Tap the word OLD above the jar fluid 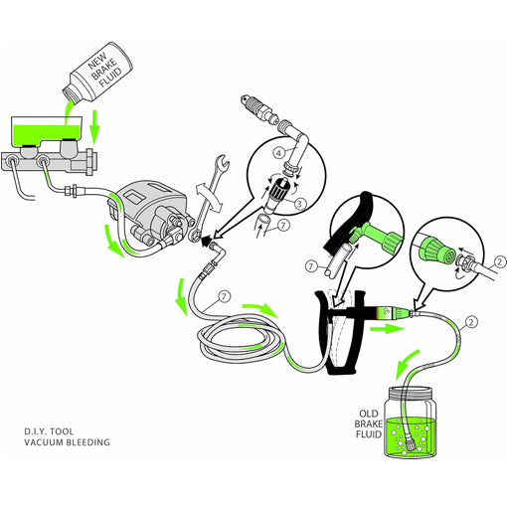[369, 414]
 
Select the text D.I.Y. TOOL [49, 431]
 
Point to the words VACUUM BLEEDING [67, 442]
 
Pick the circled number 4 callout [279, 153]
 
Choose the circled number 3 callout [299, 204]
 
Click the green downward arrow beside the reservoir [95, 127]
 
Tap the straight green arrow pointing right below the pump [388, 329]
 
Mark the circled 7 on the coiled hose [224, 296]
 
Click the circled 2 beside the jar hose [471, 322]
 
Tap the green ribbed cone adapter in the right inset [436, 251]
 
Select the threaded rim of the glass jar [411, 393]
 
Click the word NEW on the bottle [97, 62]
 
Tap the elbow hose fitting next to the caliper [217, 252]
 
